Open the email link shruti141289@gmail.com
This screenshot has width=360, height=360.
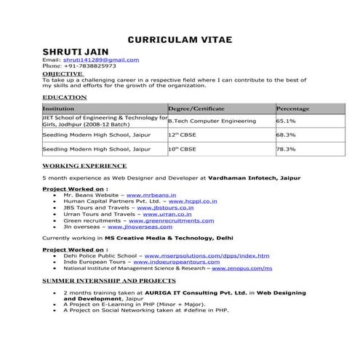pos(103,60)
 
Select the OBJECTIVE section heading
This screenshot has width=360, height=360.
pos(63,73)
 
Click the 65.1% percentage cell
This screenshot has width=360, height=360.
pos(286,121)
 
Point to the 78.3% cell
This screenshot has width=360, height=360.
pos(286,149)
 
